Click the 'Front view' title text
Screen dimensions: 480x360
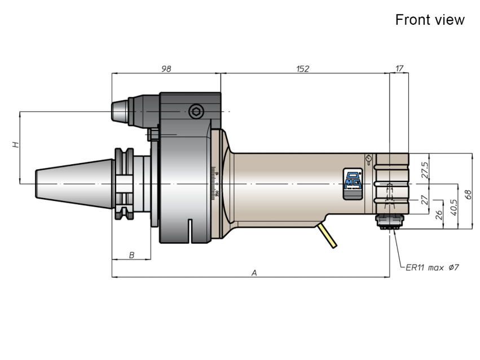click(430, 20)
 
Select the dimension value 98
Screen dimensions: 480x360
click(166, 69)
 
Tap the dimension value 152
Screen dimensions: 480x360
click(303, 69)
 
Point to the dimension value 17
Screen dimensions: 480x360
click(399, 68)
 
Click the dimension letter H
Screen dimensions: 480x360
click(16, 144)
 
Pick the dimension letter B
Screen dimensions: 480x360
click(131, 255)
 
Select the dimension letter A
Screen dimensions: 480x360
click(254, 273)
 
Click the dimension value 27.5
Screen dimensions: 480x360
click(425, 170)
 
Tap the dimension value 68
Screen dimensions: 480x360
click(468, 195)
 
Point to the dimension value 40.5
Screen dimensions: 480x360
click(454, 208)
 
